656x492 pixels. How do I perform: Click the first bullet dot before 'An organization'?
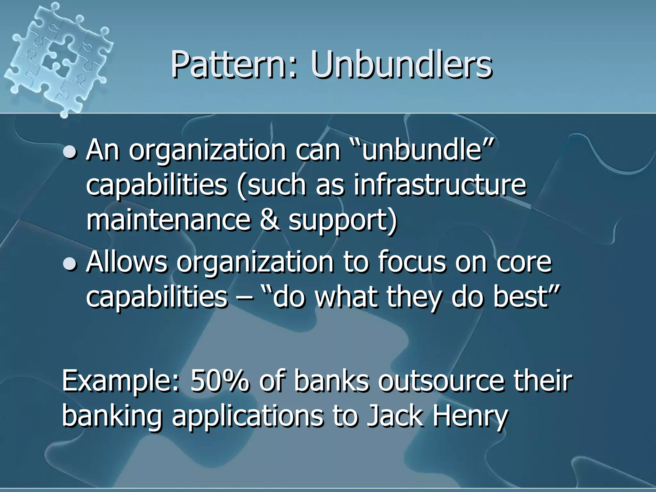click(x=70, y=152)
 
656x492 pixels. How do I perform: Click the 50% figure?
click(x=220, y=381)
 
